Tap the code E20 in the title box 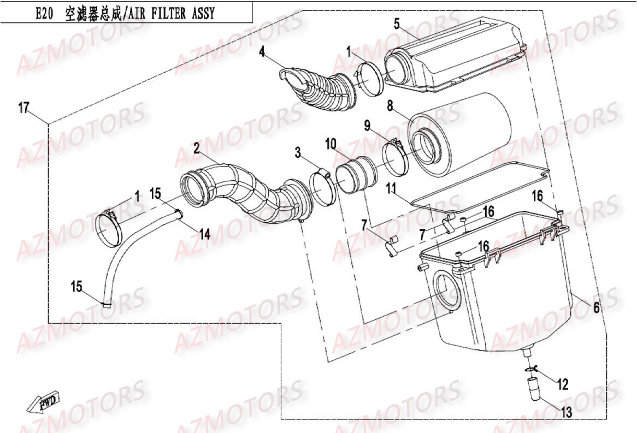(x=44, y=13)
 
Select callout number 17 (x=23, y=108)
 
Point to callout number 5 (x=397, y=23)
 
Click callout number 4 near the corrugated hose (x=262, y=52)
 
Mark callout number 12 (x=563, y=385)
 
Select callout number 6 (x=597, y=308)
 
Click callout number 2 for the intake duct (x=196, y=147)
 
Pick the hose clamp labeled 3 (x=322, y=188)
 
